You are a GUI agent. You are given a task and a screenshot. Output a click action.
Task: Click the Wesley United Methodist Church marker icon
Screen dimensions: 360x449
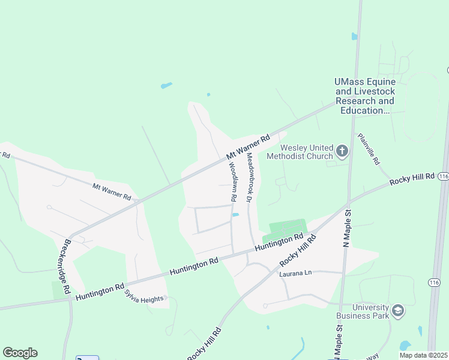(x=342, y=151)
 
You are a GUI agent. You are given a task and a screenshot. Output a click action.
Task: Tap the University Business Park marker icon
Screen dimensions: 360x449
(x=398, y=310)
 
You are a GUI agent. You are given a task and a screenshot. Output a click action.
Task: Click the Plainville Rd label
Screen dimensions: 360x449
(x=368, y=149)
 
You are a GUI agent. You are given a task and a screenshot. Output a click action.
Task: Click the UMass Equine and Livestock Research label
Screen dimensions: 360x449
(x=364, y=96)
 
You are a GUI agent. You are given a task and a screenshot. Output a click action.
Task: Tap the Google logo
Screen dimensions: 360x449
(x=20, y=353)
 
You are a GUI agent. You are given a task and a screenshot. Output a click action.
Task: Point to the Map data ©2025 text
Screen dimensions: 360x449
(x=423, y=355)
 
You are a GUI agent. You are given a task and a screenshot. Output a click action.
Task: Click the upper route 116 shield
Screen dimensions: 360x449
(x=443, y=176)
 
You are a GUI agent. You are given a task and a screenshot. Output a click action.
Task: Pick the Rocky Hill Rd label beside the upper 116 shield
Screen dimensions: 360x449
(x=412, y=178)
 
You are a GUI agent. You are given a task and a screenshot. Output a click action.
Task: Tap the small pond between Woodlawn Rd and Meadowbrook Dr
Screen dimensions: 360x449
(x=236, y=215)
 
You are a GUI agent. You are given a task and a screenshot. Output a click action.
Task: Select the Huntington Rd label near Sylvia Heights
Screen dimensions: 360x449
(x=100, y=289)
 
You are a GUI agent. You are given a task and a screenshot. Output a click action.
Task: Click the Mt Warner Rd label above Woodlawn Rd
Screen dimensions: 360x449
(x=248, y=148)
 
